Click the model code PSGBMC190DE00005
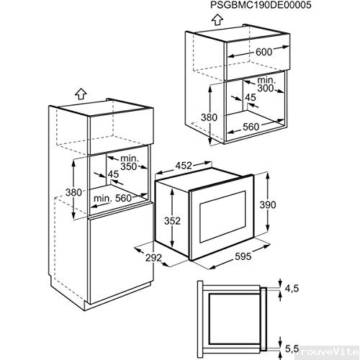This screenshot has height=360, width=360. pos(264,6)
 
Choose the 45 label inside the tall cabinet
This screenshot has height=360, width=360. pos(114,174)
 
